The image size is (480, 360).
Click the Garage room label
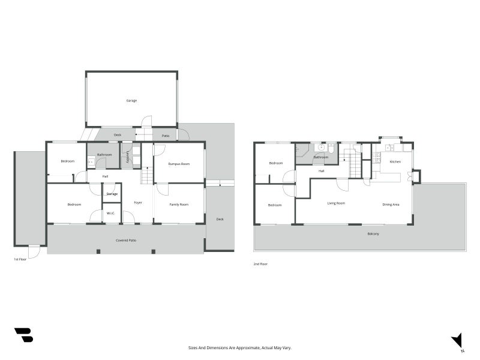click(131, 101)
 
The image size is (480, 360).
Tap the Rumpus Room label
click(179, 164)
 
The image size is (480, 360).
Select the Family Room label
click(179, 205)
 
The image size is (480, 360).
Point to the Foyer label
click(138, 203)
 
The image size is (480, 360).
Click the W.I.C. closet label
click(111, 213)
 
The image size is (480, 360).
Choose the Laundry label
click(128, 157)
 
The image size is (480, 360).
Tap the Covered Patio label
click(126, 241)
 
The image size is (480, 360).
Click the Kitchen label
click(395, 161)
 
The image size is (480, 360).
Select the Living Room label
click(336, 203)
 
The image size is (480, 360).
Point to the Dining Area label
click(391, 205)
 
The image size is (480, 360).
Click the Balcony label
click(373, 234)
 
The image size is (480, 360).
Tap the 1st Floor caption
click(20, 259)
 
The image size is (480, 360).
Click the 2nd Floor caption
click(260, 264)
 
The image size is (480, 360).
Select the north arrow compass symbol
click(457, 341)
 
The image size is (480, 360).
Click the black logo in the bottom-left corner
click(24, 335)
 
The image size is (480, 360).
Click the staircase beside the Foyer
click(147, 175)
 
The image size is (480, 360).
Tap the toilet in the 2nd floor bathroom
click(331, 148)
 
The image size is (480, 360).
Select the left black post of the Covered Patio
click(98, 251)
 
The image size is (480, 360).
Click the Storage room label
click(112, 194)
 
